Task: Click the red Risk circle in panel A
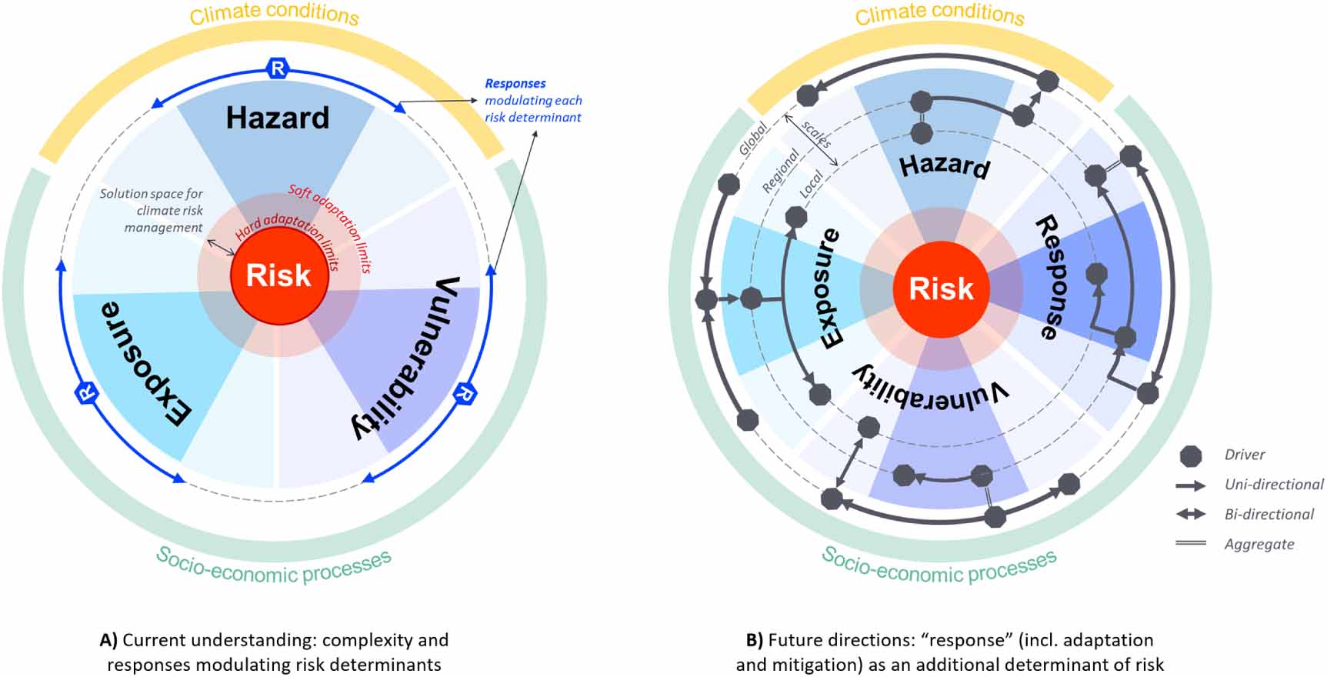pos(279,275)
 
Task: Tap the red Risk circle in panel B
pos(941,289)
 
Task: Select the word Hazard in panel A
pos(277,118)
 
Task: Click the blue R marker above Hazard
pos(277,68)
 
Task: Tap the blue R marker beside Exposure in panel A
pos(87,392)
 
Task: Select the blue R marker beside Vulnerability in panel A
pos(465,392)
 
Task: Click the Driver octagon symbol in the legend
pos(1190,455)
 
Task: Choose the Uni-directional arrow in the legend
pos(1190,485)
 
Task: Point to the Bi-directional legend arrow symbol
pos(1190,515)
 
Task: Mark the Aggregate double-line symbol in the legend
pos(1190,544)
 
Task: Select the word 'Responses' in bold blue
pos(515,83)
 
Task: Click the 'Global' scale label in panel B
pos(753,139)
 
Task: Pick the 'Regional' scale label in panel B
pos(780,171)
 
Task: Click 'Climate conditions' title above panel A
pos(275,14)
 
